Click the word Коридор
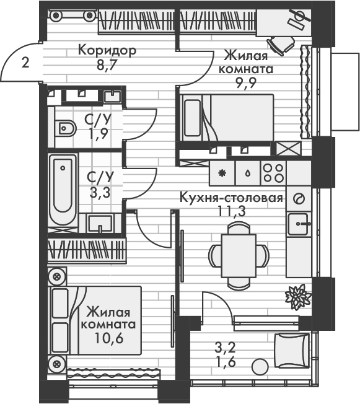coord(107,50)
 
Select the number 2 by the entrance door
coord(24,62)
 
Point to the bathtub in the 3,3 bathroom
coord(62,187)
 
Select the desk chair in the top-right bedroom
coord(284,44)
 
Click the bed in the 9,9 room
coord(227,117)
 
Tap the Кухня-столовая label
coord(230,199)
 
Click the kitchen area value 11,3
coord(230,213)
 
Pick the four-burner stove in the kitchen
coord(273,173)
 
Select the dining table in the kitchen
coord(239,254)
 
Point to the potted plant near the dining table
coord(297,296)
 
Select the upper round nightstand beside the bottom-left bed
coord(57,276)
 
